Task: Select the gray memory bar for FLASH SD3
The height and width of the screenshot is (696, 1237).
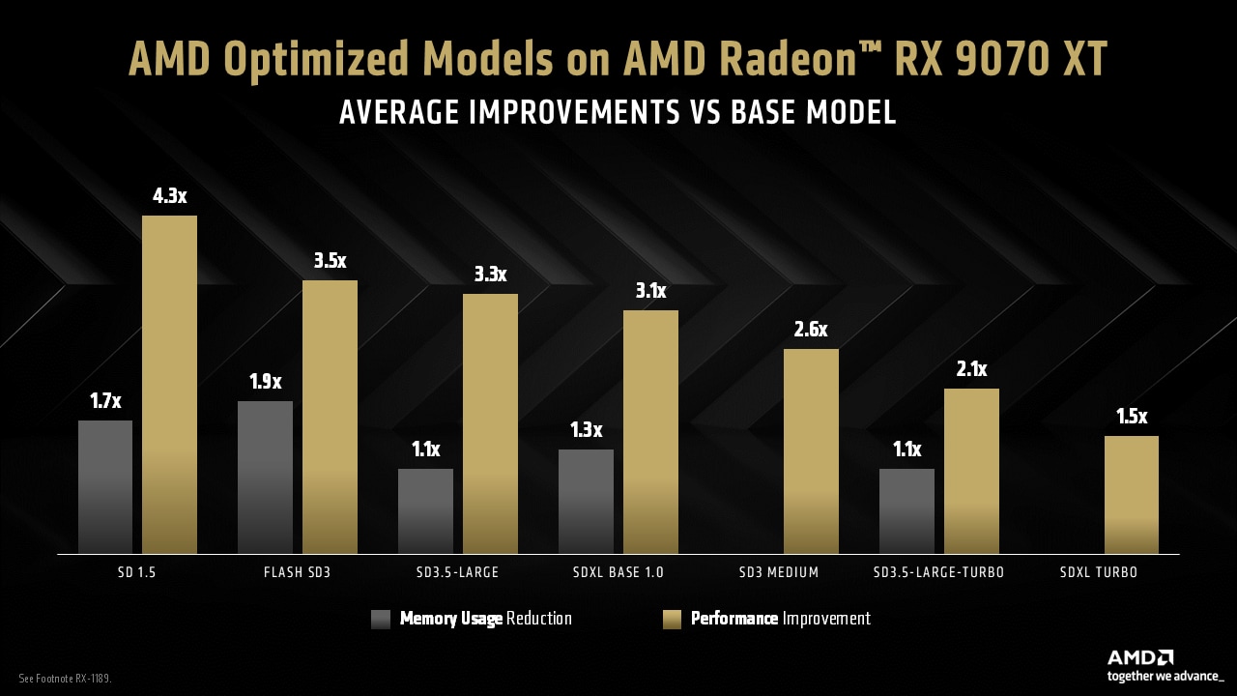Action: click(265, 478)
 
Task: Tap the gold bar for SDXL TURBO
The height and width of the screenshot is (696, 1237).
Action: click(1131, 495)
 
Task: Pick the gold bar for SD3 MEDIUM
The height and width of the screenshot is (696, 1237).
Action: click(811, 451)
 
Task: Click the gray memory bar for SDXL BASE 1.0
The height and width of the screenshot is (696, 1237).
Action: click(586, 502)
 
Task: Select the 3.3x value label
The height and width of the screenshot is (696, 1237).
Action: click(491, 275)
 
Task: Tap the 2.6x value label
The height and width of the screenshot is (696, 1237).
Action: click(811, 330)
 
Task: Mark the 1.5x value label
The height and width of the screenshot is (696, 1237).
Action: click(1131, 417)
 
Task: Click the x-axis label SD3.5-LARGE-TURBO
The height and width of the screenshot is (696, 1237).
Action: click(938, 572)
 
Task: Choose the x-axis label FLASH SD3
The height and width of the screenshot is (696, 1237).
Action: click(297, 572)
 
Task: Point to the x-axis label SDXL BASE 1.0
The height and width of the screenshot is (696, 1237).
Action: click(618, 572)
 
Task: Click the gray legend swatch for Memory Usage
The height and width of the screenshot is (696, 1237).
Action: click(381, 620)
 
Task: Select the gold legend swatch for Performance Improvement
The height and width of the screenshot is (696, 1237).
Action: click(672, 620)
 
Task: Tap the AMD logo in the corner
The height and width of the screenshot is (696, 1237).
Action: click(1140, 657)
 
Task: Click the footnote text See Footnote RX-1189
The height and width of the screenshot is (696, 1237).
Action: click(66, 679)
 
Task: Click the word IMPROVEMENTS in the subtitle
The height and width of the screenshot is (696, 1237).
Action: click(579, 112)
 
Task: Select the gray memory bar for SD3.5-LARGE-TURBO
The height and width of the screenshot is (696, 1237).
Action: click(906, 511)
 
